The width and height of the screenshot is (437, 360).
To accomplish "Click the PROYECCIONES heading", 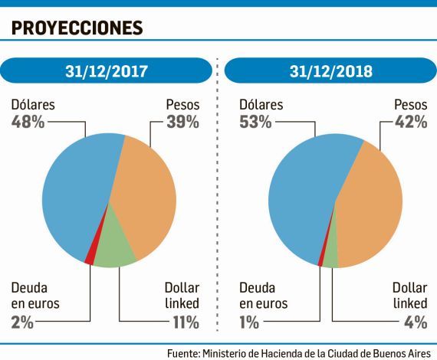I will (x=77, y=28).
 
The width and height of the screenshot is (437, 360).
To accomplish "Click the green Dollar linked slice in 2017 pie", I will (x=115, y=247).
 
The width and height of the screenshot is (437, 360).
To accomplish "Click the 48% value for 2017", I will (x=28, y=122).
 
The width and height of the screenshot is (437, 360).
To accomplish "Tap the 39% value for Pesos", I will (x=182, y=122).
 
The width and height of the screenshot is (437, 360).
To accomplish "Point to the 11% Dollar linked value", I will (x=185, y=322).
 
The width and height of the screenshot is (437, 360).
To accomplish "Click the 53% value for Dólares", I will (x=255, y=122).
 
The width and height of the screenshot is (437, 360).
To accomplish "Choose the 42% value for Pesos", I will (x=410, y=122).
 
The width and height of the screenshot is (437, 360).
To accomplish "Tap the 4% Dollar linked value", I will (x=415, y=322).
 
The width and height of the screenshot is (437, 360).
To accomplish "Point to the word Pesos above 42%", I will (x=410, y=104).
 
